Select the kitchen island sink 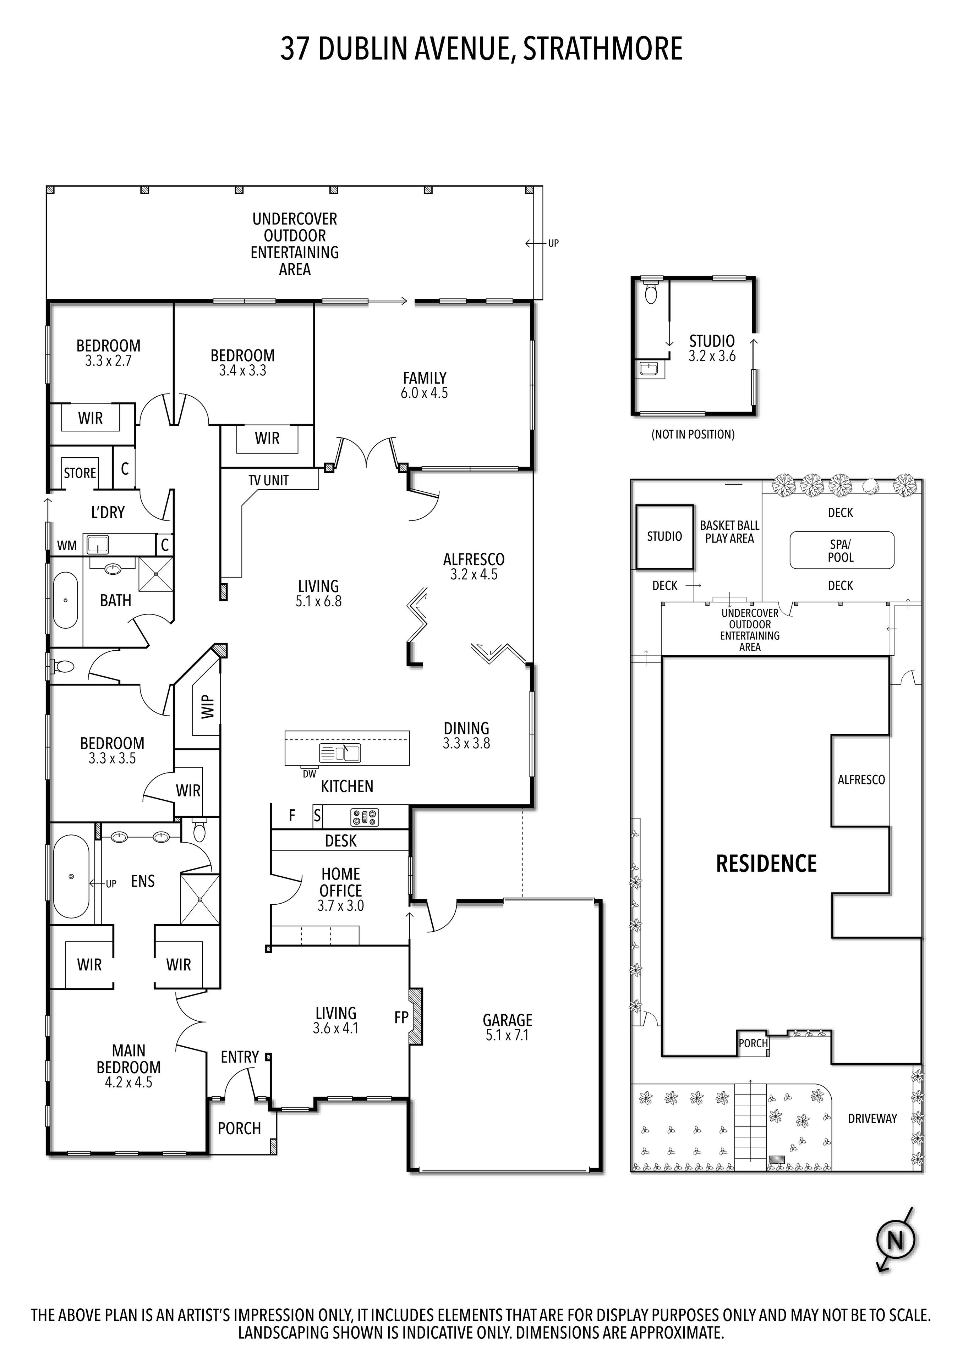340,753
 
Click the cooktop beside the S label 364,817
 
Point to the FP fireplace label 401,1018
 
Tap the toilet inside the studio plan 651,292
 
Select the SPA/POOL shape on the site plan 841,551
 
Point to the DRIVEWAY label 872,1118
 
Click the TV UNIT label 268,480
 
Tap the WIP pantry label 207,706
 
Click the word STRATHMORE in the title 602,49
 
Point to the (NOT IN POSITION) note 693,434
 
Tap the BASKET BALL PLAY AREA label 729,531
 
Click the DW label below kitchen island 309,773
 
